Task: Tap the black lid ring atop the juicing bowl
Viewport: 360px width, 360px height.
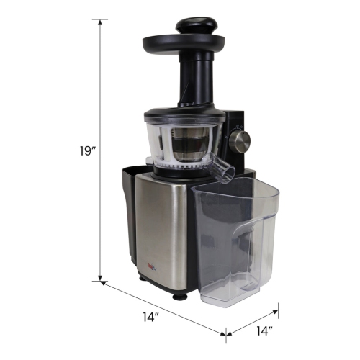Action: pyautogui.click(x=180, y=114)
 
